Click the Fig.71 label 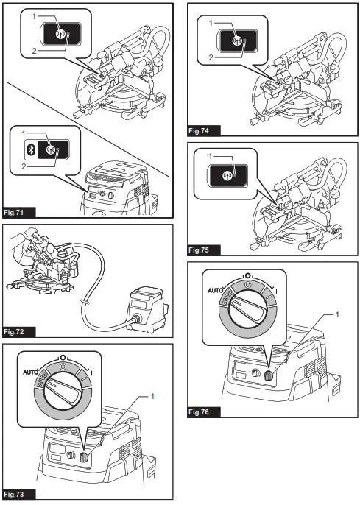click(14, 213)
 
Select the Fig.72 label click(14, 332)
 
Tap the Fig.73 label click(14, 495)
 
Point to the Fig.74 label click(199, 131)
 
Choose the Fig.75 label click(199, 250)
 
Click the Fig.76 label click(199, 412)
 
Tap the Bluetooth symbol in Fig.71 click(31, 149)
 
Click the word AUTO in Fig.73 click(31, 372)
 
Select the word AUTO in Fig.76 click(216, 291)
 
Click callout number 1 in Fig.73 click(152, 396)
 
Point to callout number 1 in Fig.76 click(337, 314)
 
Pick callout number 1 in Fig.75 click(211, 156)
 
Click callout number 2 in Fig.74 click(211, 57)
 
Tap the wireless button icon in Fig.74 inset click(236, 40)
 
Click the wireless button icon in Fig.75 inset click(227, 176)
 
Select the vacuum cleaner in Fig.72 click(147, 310)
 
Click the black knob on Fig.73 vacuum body click(83, 457)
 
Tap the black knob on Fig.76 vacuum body click(268, 375)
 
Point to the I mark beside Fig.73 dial click(92, 373)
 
